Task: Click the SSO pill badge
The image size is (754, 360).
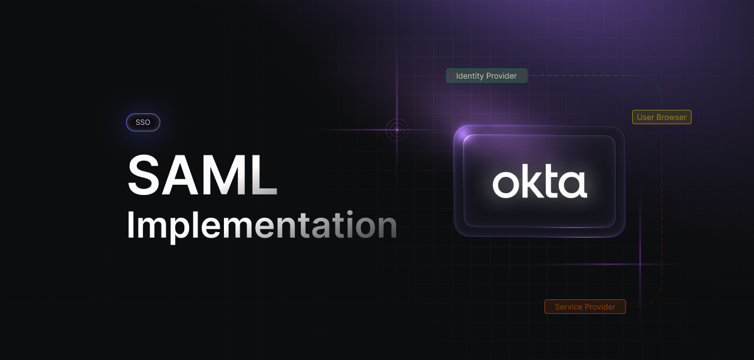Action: (x=143, y=122)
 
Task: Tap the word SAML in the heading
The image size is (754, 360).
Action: (x=202, y=176)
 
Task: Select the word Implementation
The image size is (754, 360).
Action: (x=262, y=226)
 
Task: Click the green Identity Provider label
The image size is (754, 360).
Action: (x=486, y=76)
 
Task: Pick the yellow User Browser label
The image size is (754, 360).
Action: (x=662, y=117)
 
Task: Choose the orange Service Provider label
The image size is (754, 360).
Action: (x=585, y=307)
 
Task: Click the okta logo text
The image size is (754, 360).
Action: (x=540, y=184)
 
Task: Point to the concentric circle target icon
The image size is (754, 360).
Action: (x=397, y=130)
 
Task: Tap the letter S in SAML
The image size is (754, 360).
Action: (x=145, y=176)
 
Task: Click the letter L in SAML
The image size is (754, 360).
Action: (x=265, y=176)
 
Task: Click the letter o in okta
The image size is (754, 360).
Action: (x=505, y=185)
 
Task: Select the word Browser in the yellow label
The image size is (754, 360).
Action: (x=671, y=117)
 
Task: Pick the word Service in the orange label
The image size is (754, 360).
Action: (x=568, y=307)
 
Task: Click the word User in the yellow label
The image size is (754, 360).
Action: (x=645, y=117)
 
